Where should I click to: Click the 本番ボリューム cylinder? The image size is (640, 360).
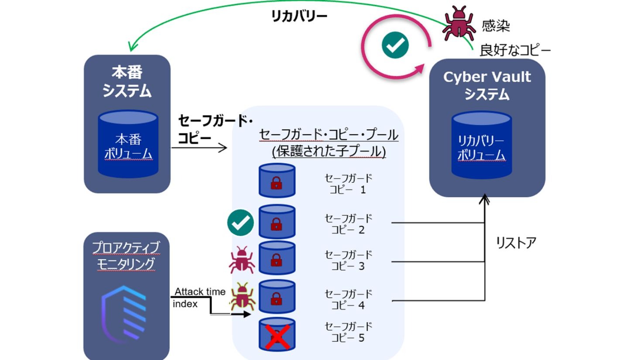[x=128, y=144]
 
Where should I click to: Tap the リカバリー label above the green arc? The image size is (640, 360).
[x=299, y=17]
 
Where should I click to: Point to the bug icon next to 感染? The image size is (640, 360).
[x=459, y=24]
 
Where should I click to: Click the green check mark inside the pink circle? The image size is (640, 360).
[x=395, y=45]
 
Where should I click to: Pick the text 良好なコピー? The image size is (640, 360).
[x=515, y=50]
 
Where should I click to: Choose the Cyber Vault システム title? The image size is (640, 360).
[x=487, y=85]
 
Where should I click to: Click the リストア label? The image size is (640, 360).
[x=516, y=243]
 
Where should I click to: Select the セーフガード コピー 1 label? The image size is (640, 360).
[x=348, y=184]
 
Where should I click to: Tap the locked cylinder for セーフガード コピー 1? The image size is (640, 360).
[x=277, y=180]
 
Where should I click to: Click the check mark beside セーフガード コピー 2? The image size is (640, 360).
[x=240, y=223]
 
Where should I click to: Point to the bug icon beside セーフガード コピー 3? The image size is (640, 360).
[x=242, y=259]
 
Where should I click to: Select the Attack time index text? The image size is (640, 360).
[x=199, y=298]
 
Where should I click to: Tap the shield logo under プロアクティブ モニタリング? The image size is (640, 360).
[x=124, y=311]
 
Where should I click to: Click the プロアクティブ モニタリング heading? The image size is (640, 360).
[x=126, y=256]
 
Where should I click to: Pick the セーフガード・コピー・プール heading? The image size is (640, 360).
[x=329, y=134]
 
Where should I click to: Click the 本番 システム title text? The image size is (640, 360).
[x=127, y=81]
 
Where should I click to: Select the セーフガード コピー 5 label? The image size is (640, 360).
[x=348, y=332]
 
